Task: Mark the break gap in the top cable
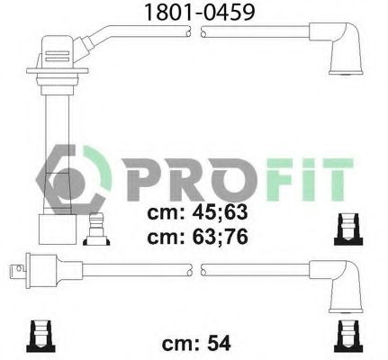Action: (195, 32)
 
